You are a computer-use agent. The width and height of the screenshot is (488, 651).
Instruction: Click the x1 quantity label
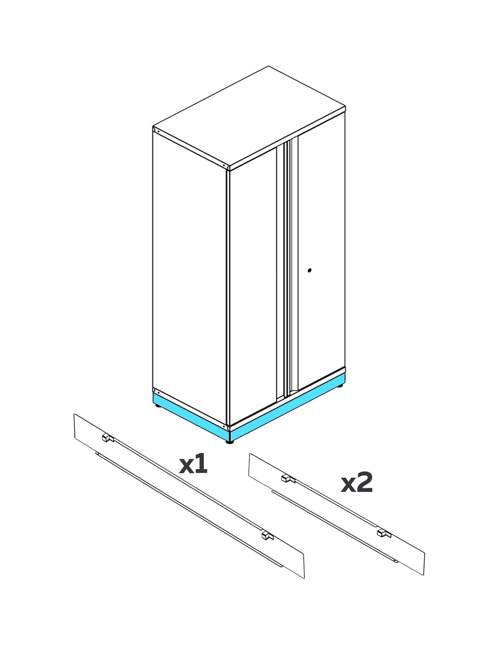pyautogui.click(x=193, y=463)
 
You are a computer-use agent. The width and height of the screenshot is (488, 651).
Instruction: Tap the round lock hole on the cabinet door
pyautogui.click(x=309, y=270)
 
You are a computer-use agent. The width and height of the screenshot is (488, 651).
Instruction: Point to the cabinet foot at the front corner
pyautogui.click(x=230, y=442)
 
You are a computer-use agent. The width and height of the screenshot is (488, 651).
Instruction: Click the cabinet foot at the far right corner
pyautogui.click(x=340, y=386)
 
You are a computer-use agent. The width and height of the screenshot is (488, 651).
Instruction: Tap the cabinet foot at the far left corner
pyautogui.click(x=158, y=405)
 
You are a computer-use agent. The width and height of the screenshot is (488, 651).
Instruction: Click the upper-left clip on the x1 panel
pyautogui.click(x=107, y=438)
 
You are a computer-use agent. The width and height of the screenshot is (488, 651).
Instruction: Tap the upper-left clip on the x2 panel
pyautogui.click(x=287, y=478)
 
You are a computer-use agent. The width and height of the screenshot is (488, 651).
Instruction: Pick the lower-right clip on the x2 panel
pyautogui.click(x=383, y=533)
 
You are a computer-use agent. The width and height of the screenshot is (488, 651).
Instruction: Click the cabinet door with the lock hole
pyautogui.click(x=322, y=262)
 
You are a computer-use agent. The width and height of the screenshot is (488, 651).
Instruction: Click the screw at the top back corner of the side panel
pyautogui.click(x=159, y=131)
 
